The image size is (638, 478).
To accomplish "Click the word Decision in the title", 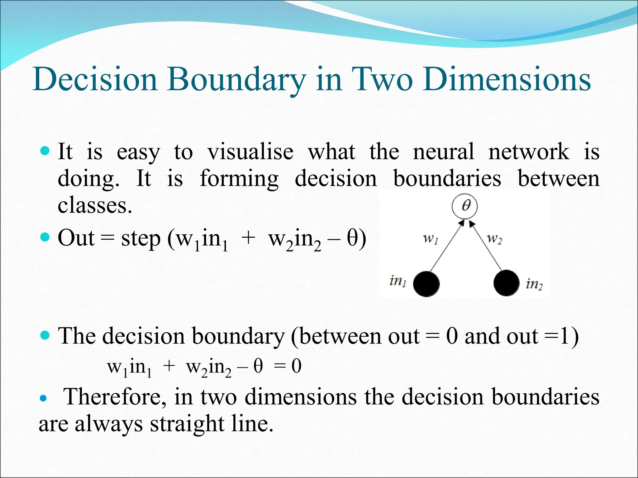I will [95, 80].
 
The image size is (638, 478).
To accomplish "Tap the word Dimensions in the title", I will [506, 80].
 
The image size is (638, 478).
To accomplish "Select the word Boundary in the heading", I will [236, 80].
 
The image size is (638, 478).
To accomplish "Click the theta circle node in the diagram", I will [464, 206].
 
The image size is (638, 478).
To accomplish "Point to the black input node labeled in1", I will [426, 284].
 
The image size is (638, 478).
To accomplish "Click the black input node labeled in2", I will [506, 283].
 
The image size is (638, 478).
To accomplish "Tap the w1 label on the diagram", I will [431, 239].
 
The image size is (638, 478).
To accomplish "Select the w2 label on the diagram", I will [495, 239].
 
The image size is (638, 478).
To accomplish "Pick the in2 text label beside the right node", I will [534, 284].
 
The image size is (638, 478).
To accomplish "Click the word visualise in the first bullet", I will [250, 152].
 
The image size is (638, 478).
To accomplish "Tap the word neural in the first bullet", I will [443, 152].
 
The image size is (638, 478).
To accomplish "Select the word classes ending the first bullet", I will [95, 206].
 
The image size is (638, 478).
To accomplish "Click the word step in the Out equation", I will [141, 239].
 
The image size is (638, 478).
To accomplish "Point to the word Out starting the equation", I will [76, 238].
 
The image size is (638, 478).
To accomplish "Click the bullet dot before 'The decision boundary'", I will [45, 335].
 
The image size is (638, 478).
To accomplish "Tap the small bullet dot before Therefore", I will [43, 398].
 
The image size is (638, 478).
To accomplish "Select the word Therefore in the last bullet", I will [114, 397].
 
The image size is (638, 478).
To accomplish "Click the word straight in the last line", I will [187, 424].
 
